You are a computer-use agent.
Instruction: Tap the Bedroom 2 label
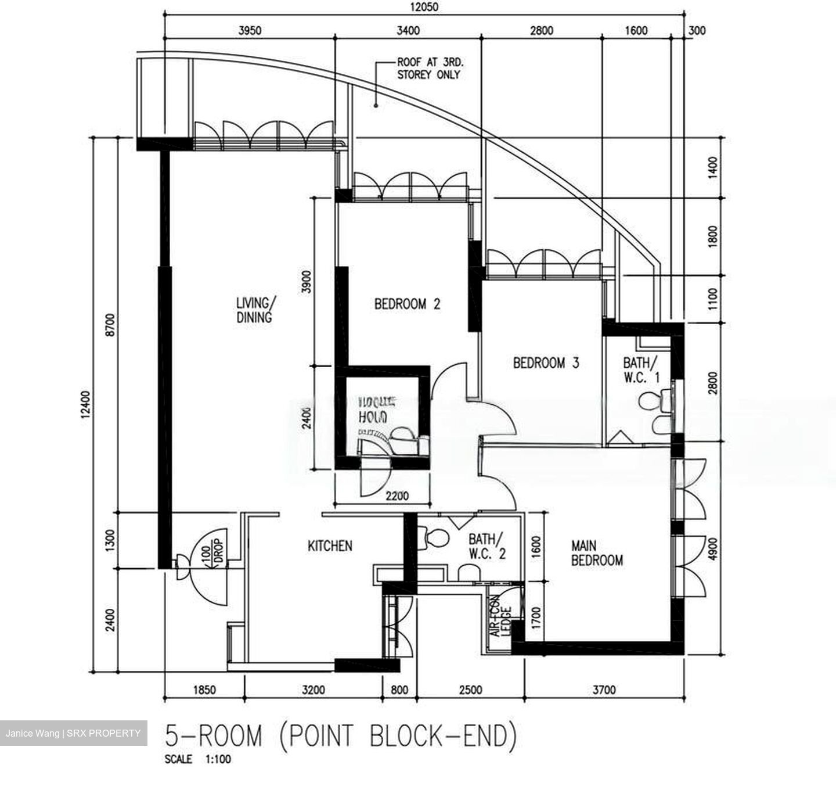(407, 304)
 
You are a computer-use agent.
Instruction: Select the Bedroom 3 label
(546, 364)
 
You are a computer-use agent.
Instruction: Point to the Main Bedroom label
(597, 554)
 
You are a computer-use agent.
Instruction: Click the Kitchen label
(330, 546)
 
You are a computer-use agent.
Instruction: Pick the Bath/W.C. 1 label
(641, 370)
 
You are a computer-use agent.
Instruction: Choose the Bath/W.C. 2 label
(487, 547)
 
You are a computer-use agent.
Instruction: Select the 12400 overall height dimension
(87, 404)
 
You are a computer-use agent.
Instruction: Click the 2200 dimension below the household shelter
(397, 497)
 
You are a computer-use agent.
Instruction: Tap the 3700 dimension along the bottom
(604, 690)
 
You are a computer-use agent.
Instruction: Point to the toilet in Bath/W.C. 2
(433, 537)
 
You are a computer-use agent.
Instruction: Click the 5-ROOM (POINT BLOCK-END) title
(341, 736)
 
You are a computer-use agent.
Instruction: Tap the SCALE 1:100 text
(197, 759)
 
